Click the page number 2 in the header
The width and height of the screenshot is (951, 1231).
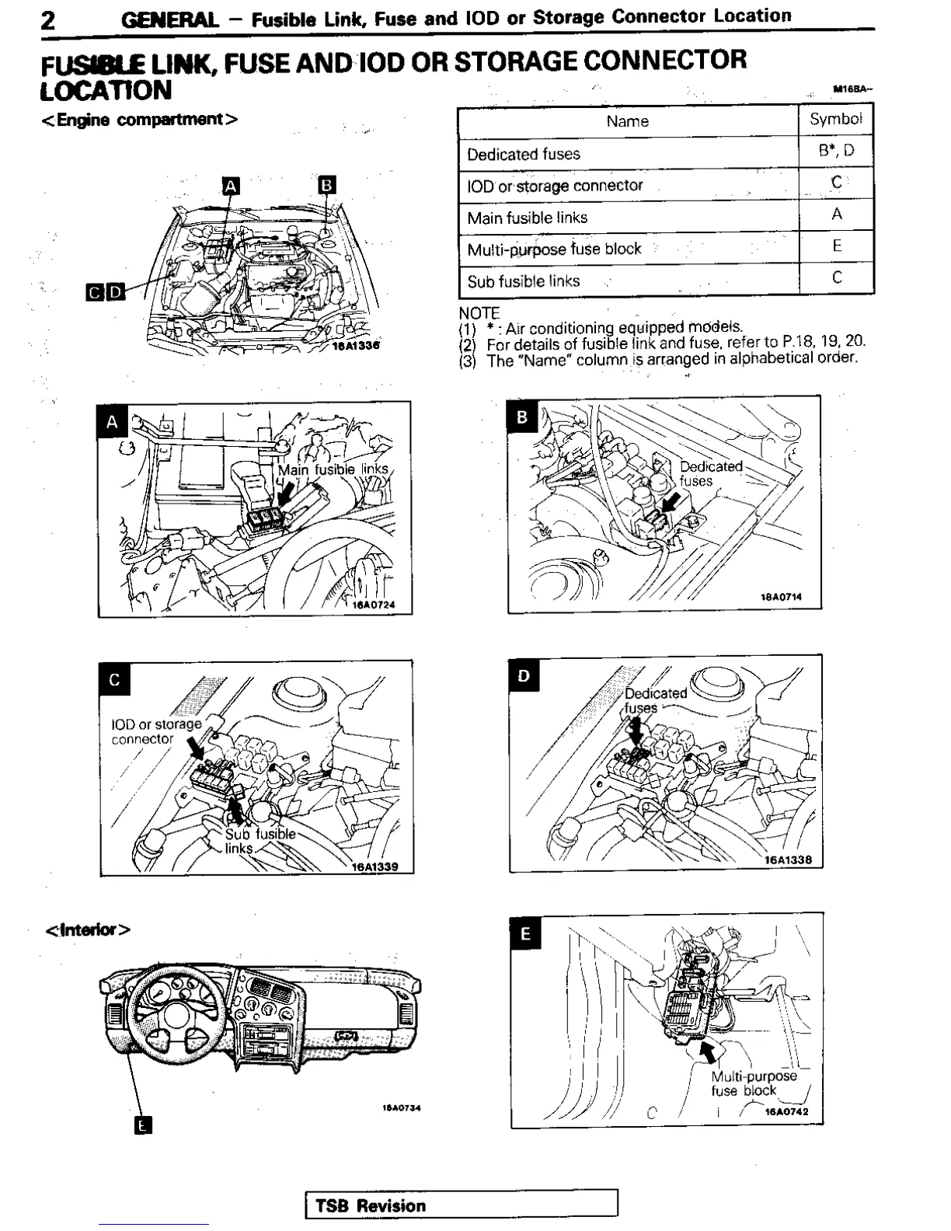[49, 19]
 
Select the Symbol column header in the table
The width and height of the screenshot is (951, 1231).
[835, 120]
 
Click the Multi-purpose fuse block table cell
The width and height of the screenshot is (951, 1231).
[554, 249]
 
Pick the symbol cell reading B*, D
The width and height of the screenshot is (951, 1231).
[836, 151]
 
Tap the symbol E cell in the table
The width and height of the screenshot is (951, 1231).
[837, 246]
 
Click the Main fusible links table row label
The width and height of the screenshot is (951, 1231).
[527, 218]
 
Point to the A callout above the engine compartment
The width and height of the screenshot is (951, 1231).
[231, 186]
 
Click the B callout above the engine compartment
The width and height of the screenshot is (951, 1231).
[327, 184]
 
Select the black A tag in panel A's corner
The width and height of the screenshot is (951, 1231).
[113, 422]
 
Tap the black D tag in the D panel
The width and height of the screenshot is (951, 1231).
[524, 676]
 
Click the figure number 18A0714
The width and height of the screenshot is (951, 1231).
[781, 598]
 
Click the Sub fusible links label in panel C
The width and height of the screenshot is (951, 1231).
[260, 841]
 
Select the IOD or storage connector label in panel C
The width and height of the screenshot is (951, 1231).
[155, 731]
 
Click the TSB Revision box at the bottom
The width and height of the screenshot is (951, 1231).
[462, 1205]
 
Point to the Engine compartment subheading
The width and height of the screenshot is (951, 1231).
[139, 120]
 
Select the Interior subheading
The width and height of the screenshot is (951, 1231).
[87, 929]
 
